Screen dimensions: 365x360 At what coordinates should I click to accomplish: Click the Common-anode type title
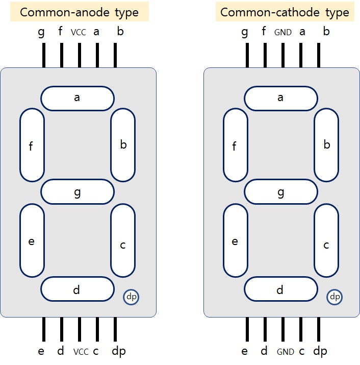point(79,12)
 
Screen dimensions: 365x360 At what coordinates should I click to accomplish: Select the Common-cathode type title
point(285,12)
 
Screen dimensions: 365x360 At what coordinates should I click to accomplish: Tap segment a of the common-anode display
point(77,99)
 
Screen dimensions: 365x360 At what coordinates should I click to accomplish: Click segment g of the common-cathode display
point(280,192)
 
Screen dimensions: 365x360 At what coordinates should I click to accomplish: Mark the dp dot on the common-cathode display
point(335,297)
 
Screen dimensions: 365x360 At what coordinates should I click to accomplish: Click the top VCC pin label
point(79,33)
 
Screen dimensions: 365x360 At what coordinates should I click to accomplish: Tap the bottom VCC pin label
point(81,352)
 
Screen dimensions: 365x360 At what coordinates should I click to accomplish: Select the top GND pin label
point(283,33)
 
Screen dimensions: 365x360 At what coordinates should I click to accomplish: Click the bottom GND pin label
point(286,352)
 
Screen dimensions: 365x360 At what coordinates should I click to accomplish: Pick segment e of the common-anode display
point(32,241)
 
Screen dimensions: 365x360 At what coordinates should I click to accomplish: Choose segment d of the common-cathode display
point(280,290)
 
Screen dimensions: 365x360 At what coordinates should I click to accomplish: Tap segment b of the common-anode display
point(123,144)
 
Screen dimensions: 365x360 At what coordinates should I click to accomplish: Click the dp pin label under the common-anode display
point(119,351)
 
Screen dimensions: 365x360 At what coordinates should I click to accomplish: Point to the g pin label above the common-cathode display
point(245,33)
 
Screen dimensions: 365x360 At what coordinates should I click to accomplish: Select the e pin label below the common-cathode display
point(245,351)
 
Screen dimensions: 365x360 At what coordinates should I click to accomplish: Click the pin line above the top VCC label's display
point(79,55)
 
